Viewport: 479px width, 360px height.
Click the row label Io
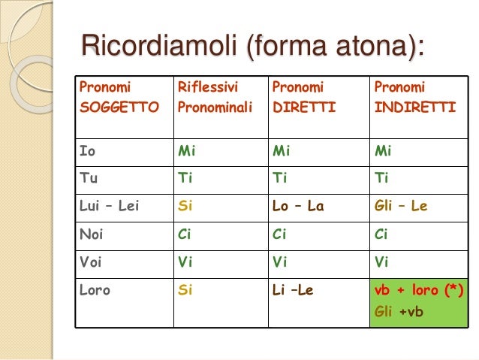pos(88,150)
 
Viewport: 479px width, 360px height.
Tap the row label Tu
pos(89,178)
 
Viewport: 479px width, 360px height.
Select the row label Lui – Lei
pos(110,206)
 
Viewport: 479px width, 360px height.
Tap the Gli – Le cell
pos(400,206)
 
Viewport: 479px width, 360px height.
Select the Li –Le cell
pos(293,289)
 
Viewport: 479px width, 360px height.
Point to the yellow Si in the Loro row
pos(185,289)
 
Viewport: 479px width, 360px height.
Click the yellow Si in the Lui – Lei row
pos(185,206)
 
